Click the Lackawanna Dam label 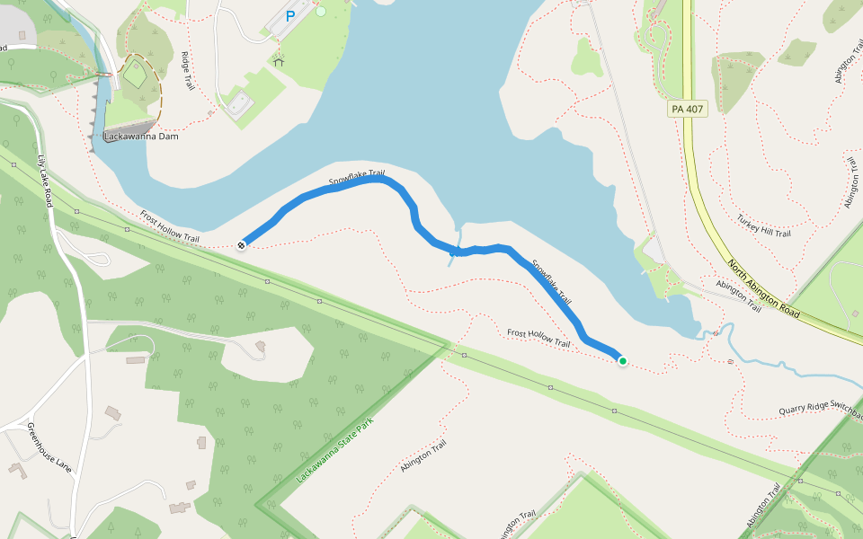click(x=140, y=137)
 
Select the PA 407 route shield click(x=688, y=109)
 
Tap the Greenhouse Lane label click(x=49, y=446)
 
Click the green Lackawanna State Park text click(x=334, y=452)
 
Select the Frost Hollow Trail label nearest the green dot click(x=538, y=338)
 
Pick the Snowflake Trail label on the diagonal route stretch click(x=551, y=281)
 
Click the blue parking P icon click(x=290, y=16)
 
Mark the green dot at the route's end click(x=622, y=361)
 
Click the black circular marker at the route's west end click(x=242, y=244)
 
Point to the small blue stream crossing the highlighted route click(x=452, y=259)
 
